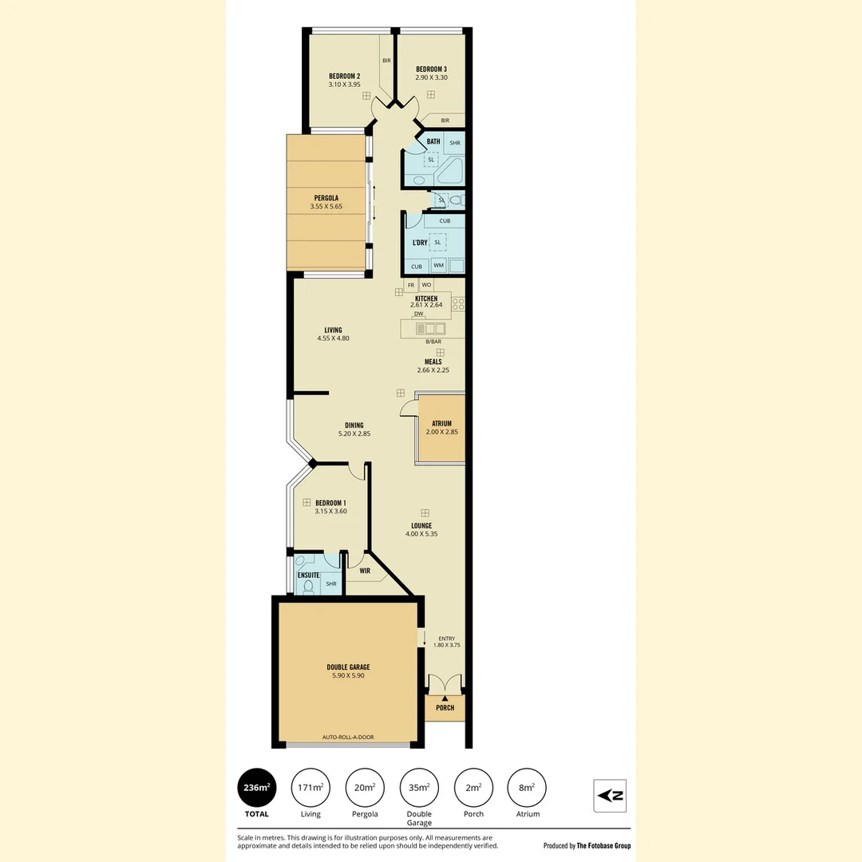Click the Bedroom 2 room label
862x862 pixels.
[x=345, y=77]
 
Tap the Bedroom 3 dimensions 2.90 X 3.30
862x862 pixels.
[x=432, y=77]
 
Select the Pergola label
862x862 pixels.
[x=326, y=198]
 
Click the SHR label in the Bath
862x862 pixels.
[x=455, y=143]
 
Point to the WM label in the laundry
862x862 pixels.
[x=439, y=265]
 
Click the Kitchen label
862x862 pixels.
[x=426, y=299]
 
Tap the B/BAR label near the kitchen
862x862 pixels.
[x=433, y=342]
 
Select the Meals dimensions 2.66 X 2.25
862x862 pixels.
[x=433, y=370]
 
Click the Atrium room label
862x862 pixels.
[x=442, y=424]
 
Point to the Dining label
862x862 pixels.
[x=354, y=425]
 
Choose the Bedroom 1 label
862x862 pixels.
[x=331, y=503]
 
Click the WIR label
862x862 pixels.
[x=365, y=571]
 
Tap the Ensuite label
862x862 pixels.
[x=308, y=575]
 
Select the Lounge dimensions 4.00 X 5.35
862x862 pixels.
[x=421, y=534]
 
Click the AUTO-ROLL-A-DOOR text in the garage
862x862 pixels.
[x=348, y=737]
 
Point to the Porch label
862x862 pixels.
[x=445, y=708]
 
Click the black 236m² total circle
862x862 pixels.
[x=257, y=788]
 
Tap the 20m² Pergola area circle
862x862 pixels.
[x=365, y=788]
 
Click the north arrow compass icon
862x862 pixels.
[x=611, y=796]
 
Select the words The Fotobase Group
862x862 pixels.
[x=603, y=845]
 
